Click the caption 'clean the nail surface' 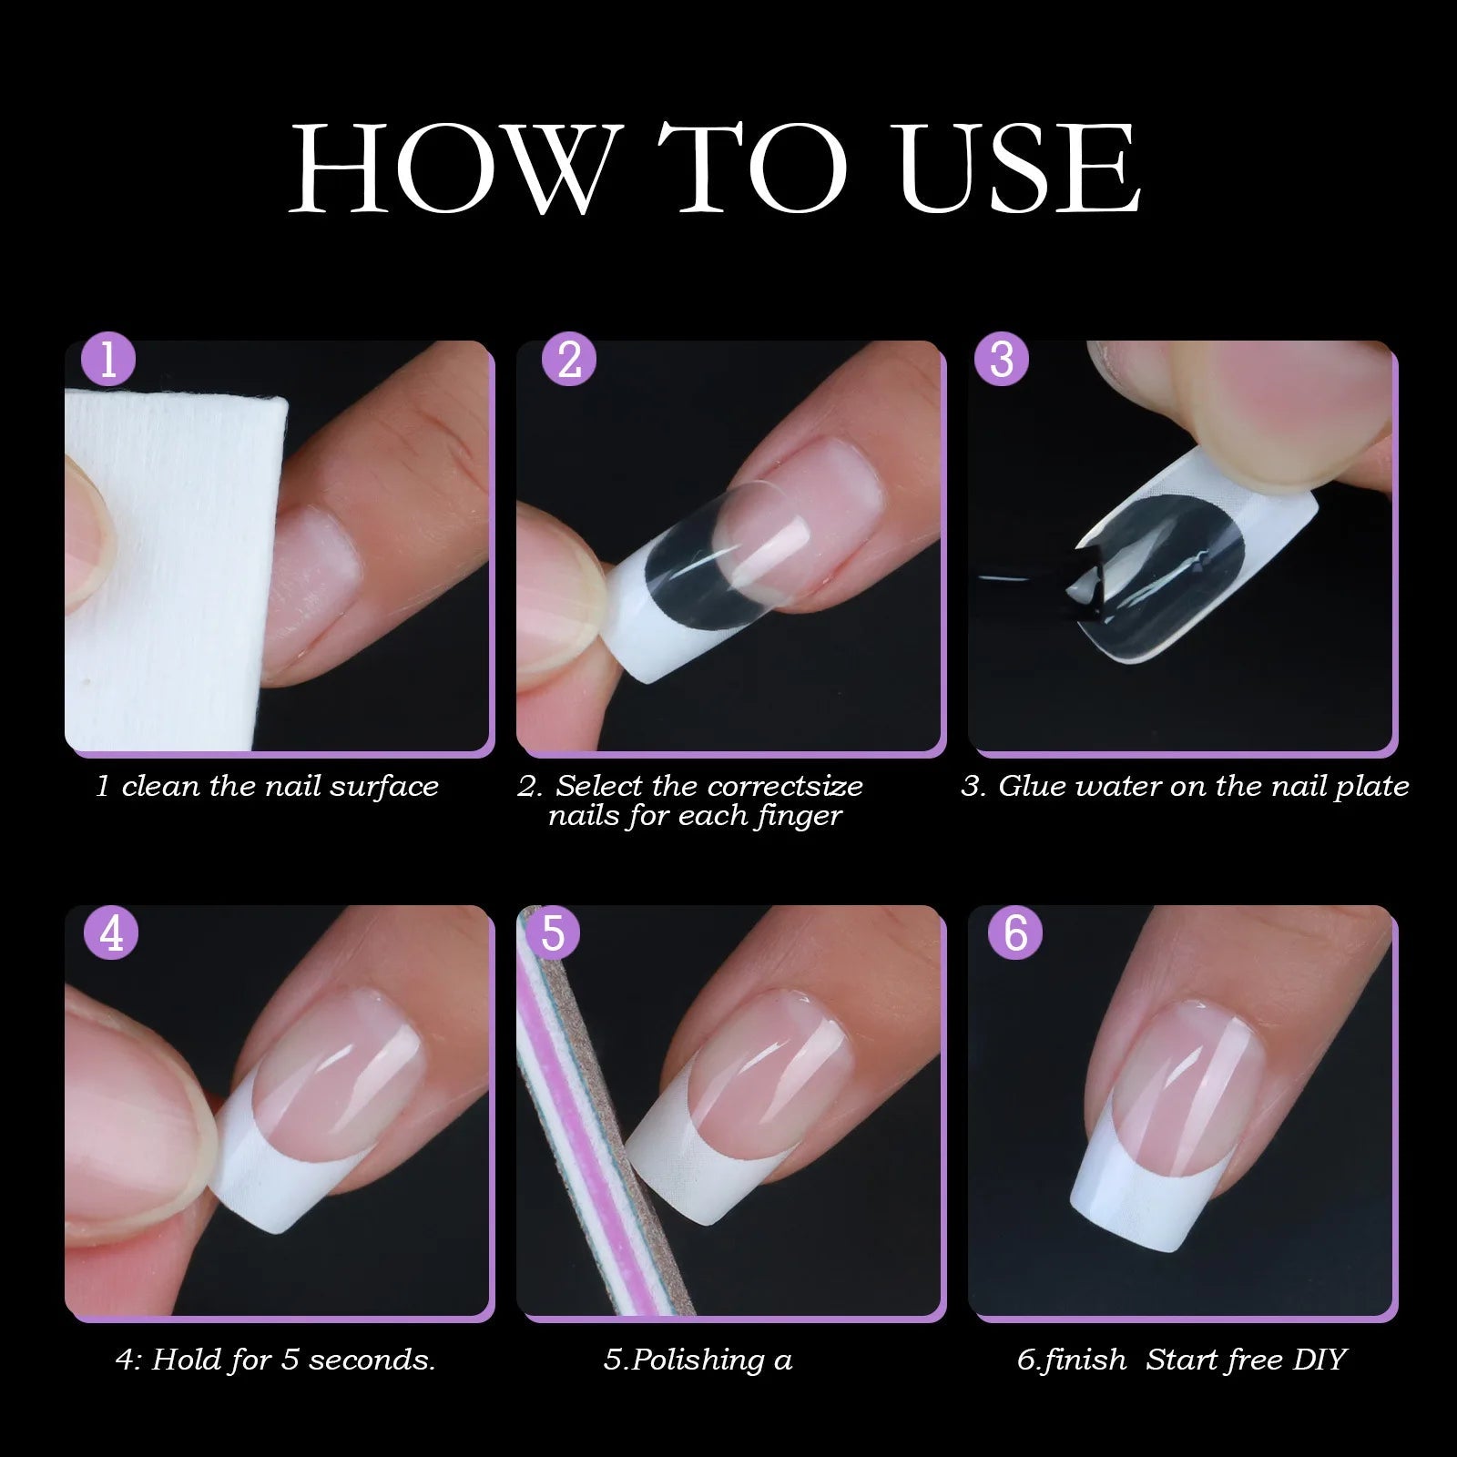279,787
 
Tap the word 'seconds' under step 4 369,1360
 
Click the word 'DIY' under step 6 1319,1360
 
